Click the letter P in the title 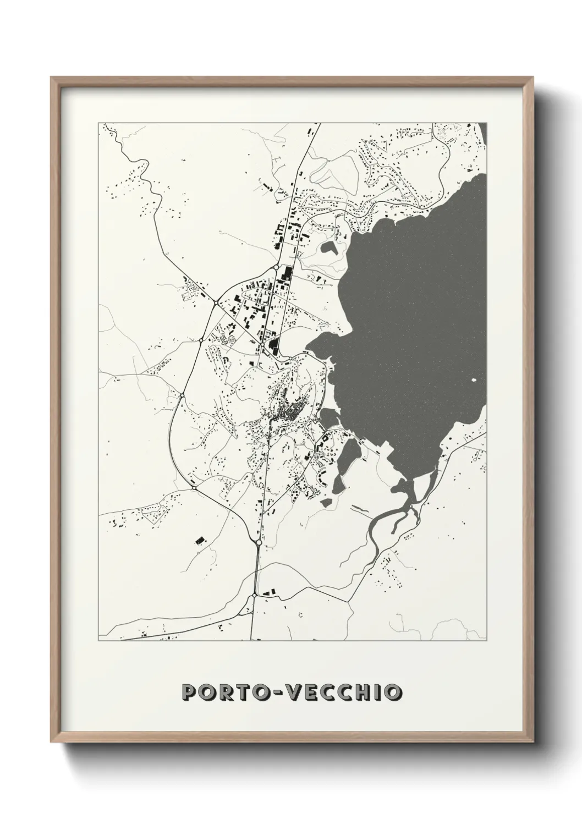pyautogui.click(x=190, y=692)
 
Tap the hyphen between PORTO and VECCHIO pyautogui.click(x=281, y=692)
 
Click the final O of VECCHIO pyautogui.click(x=391, y=692)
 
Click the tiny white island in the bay pyautogui.click(x=474, y=381)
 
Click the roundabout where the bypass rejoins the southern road pyautogui.click(x=259, y=542)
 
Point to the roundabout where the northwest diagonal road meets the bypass pyautogui.click(x=216, y=302)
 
